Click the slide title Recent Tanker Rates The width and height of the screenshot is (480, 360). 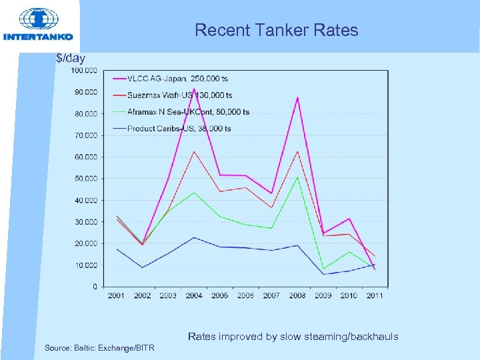click(x=276, y=30)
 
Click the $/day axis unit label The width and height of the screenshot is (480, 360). click(x=71, y=59)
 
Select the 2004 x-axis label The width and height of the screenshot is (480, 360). click(x=194, y=296)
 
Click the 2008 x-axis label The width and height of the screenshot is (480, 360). click(x=297, y=296)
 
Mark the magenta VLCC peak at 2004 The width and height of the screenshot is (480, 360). click(x=194, y=89)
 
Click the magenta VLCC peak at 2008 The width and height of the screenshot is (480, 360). click(x=297, y=98)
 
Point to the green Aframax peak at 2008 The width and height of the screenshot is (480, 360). click(x=297, y=177)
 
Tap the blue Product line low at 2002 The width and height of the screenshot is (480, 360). click(x=142, y=267)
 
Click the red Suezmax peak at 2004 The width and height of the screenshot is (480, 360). click(x=194, y=152)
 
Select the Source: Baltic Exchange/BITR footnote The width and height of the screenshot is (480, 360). click(x=99, y=348)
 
